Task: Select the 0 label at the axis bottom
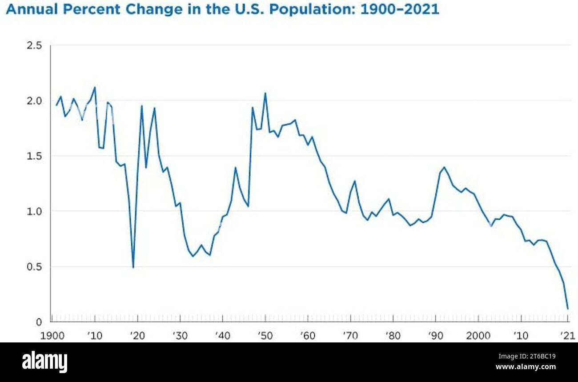pos(39,322)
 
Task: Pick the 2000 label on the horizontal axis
pos(478,335)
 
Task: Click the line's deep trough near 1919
pos(133,267)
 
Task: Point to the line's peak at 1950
pos(265,93)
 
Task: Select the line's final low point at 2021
pos(568,308)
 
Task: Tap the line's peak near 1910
pos(95,88)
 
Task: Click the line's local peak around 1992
pos(444,167)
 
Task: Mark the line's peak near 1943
pos(235,168)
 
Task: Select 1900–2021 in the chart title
pos(399,9)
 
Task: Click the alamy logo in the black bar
pos(44,362)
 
